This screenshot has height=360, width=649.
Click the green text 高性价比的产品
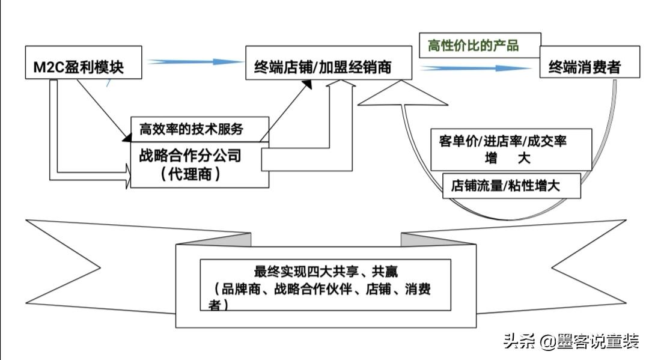pyautogui.click(x=473, y=45)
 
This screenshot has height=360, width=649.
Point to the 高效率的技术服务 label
pyautogui.click(x=191, y=129)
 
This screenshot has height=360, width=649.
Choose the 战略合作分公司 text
pyautogui.click(x=190, y=156)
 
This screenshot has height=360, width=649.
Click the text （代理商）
pyautogui.click(x=190, y=174)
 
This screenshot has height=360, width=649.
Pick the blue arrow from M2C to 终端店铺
pyautogui.click(x=192, y=62)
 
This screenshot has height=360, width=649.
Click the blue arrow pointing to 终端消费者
pyautogui.click(x=475, y=69)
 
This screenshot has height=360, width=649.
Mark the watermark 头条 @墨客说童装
pyautogui.click(x=571, y=341)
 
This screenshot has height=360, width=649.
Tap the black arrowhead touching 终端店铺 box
pyautogui.click(x=306, y=85)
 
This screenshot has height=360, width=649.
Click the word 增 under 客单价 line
pyautogui.click(x=492, y=159)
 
